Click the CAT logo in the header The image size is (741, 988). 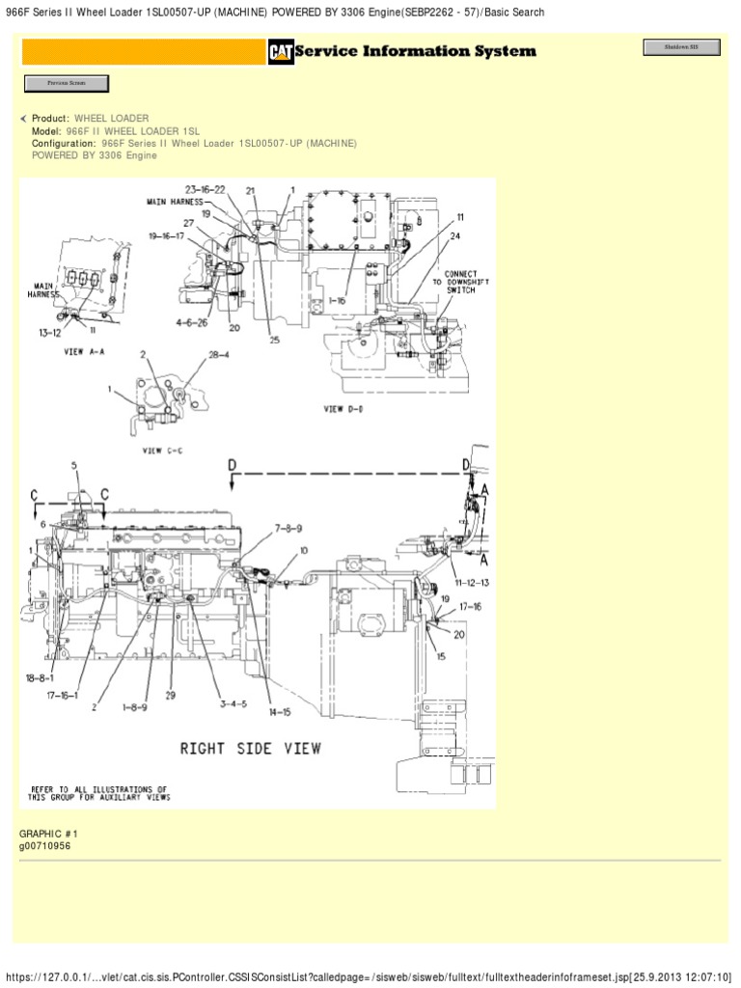(281, 52)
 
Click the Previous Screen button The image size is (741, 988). (66, 84)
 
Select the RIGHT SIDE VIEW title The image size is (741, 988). (251, 748)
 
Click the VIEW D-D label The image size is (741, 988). (346, 409)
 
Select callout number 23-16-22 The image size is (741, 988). (206, 189)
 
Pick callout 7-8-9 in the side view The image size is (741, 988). (288, 528)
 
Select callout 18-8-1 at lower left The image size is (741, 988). (40, 679)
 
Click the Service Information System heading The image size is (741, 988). (415, 51)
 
